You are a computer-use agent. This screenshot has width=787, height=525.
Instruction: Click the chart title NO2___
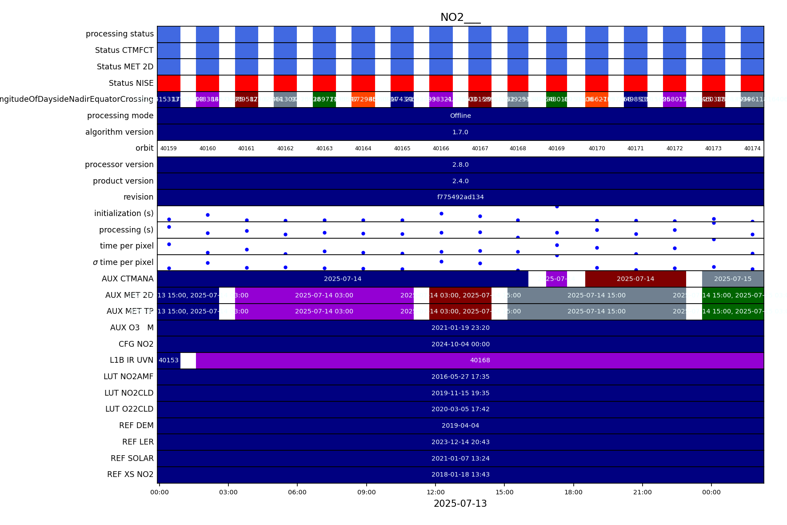pos(460,17)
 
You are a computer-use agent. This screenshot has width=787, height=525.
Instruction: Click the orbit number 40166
pos(441,148)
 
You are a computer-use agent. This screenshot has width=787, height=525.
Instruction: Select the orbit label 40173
pos(713,148)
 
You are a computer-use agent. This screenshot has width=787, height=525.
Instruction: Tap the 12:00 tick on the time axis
pos(435,492)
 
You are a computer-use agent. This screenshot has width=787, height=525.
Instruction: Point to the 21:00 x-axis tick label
pos(642,492)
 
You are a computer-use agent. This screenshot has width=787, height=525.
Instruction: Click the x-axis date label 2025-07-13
pos(460,504)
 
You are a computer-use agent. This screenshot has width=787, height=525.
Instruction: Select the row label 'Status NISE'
pos(131,83)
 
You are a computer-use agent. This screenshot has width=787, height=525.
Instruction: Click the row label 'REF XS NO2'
pos(130,474)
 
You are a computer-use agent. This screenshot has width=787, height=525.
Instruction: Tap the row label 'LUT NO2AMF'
pos(128,377)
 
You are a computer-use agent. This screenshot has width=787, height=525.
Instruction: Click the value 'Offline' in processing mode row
pos(460,116)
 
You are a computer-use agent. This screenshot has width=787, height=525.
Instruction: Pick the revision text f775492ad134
pos(460,197)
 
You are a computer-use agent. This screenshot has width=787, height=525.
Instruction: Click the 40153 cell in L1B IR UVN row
pos(168,361)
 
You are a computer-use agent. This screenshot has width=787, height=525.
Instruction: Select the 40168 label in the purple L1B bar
pos(480,361)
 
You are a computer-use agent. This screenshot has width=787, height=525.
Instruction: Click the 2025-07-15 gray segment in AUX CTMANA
pos(732,279)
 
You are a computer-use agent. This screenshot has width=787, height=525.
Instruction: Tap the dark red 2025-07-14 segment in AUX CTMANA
pos(635,279)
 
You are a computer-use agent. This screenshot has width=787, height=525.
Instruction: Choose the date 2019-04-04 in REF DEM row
pos(460,425)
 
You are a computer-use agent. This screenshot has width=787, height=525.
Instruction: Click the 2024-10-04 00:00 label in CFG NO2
pos(460,344)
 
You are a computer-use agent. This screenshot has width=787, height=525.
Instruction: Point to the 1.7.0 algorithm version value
pos(460,132)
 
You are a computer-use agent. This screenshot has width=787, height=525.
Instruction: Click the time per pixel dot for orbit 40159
pos(169,244)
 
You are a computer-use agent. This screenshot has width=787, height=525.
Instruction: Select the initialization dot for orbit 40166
pos(441,213)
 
